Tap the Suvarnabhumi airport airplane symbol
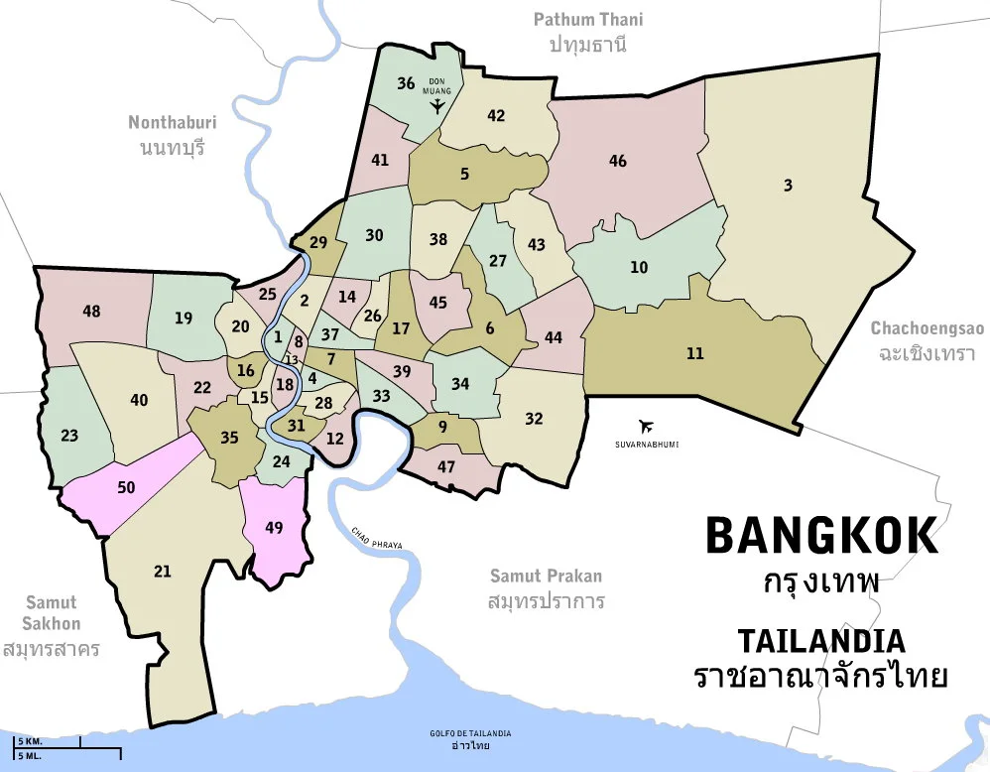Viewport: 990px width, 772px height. (648, 426)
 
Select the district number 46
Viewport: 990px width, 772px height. (618, 161)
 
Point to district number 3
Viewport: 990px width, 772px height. (788, 186)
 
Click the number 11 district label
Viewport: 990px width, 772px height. (694, 353)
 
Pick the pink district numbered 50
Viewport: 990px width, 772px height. (126, 487)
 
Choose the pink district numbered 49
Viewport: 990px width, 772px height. (275, 528)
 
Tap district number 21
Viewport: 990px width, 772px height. (163, 572)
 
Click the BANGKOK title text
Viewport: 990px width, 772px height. (821, 536)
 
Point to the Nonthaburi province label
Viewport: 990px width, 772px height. (173, 123)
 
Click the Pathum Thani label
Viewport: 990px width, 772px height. (588, 20)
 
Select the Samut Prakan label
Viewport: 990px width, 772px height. (546, 577)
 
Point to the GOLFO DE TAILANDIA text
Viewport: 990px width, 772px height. (471, 733)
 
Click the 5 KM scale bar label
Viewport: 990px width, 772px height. (29, 741)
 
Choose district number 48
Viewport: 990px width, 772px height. (91, 312)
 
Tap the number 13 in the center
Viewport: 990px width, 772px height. (292, 360)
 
